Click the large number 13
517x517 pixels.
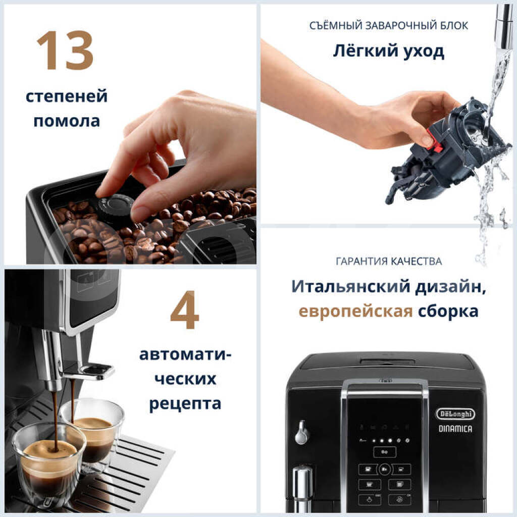click(65, 50)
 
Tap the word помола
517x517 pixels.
click(67, 121)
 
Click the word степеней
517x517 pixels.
click(67, 96)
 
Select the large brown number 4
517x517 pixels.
click(185, 310)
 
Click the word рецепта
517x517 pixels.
click(185, 404)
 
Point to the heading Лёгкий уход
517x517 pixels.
click(389, 51)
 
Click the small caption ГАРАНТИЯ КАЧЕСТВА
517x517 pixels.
click(389, 262)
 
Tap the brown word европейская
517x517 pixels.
click(355, 311)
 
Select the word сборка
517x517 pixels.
click(448, 311)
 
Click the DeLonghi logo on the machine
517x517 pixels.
click(455, 414)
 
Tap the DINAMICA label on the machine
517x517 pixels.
click(455, 429)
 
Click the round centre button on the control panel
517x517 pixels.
click(384, 469)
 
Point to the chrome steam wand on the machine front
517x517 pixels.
click(302, 489)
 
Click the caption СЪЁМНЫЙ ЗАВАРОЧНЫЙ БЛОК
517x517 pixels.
click(389, 25)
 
